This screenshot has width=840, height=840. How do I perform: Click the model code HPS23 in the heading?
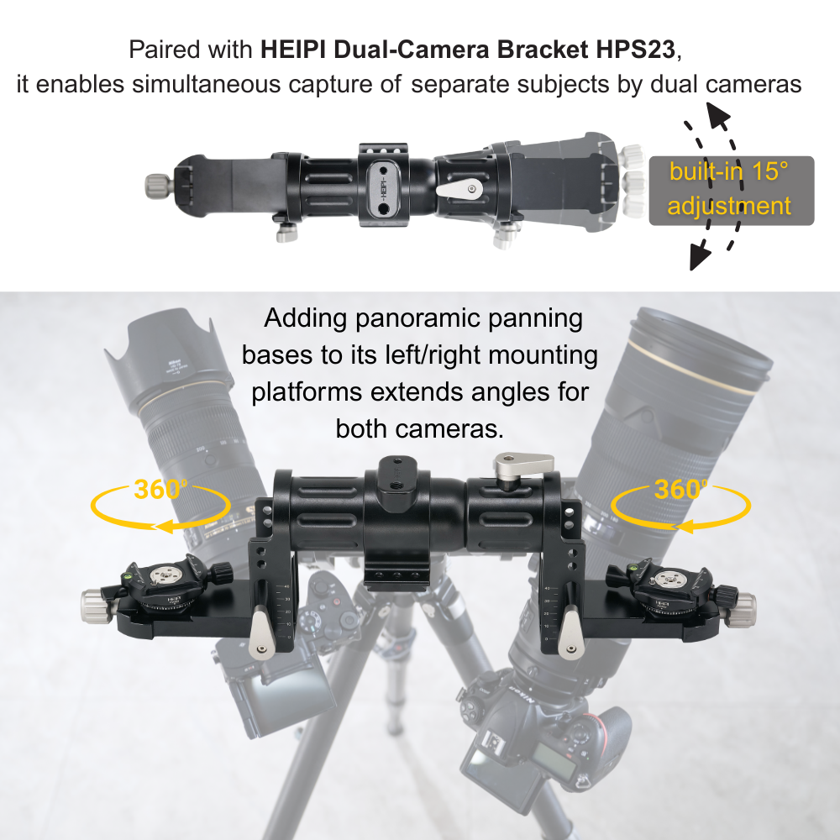(x=638, y=50)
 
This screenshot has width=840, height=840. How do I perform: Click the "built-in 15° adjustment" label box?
(x=731, y=190)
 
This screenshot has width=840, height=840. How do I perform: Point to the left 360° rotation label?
(x=160, y=490)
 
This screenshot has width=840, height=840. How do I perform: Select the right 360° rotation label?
(x=680, y=490)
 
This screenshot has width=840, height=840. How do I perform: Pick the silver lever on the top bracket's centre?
(x=459, y=186)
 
